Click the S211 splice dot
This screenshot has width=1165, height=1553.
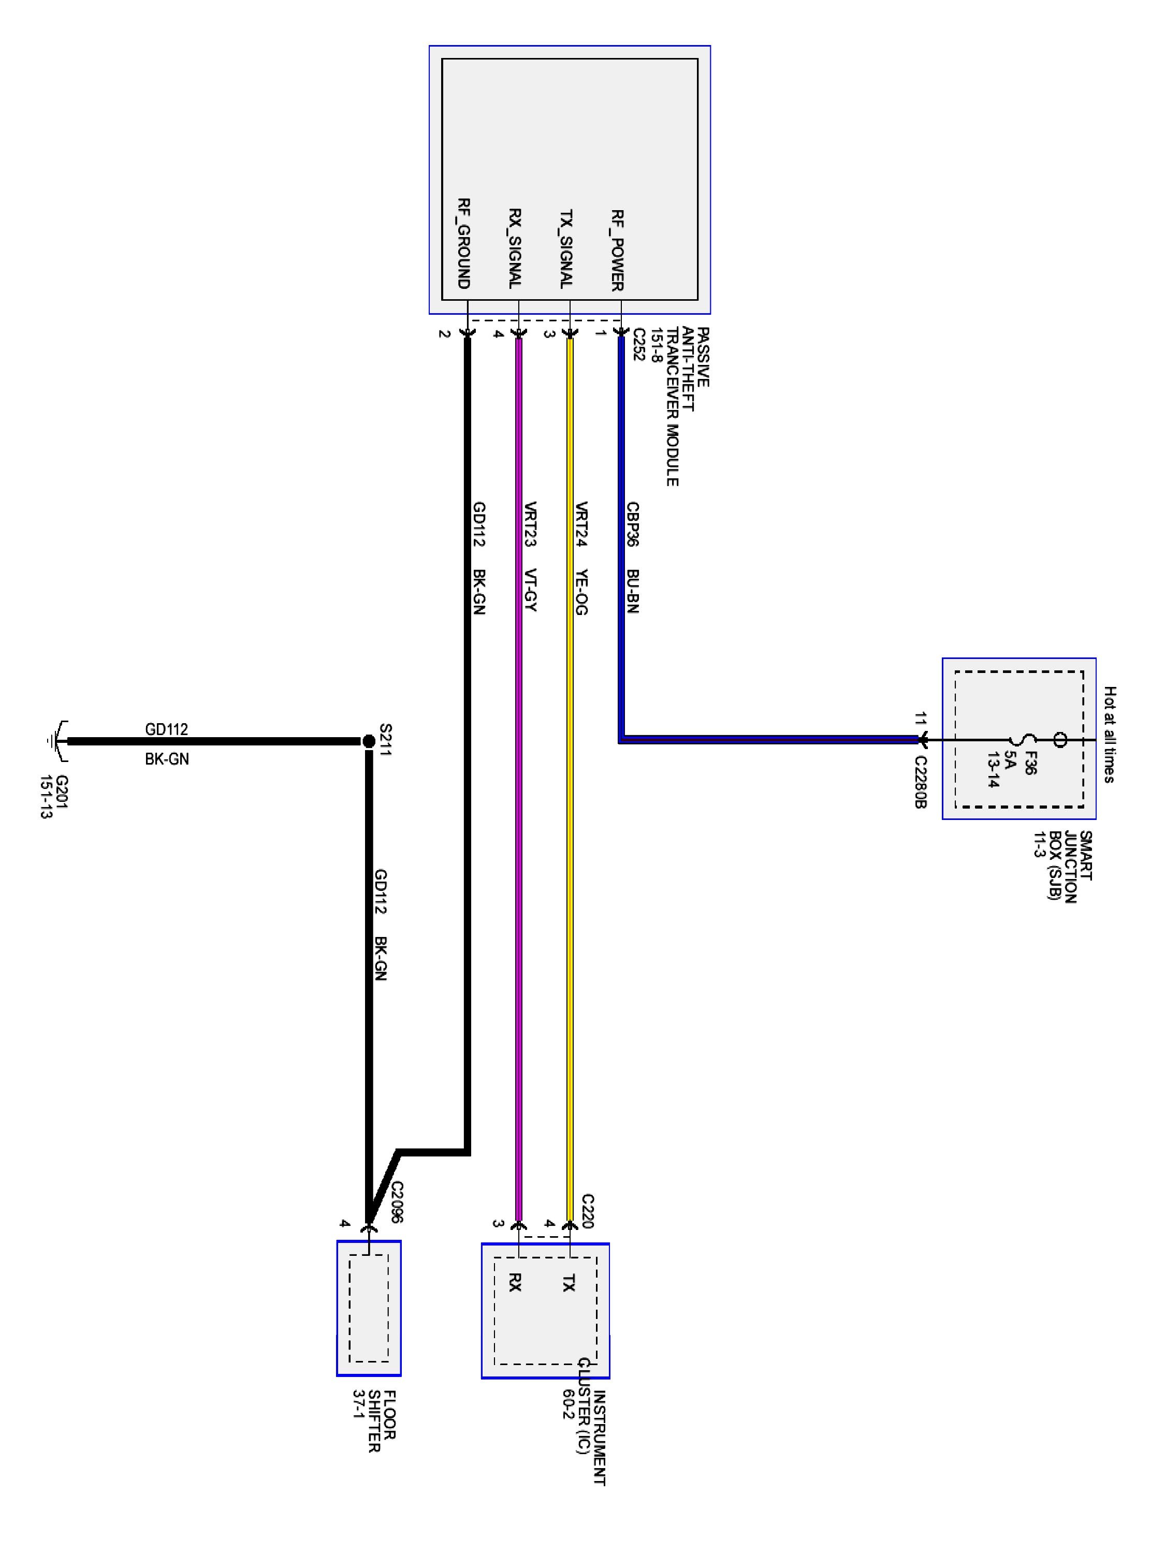click(368, 741)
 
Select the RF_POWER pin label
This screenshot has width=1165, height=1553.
click(617, 250)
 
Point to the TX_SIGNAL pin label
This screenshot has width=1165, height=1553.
click(566, 249)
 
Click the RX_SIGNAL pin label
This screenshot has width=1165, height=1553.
click(515, 248)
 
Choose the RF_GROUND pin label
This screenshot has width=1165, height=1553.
click(463, 244)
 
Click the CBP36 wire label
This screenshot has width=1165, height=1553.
click(632, 524)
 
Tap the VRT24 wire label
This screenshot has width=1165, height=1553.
click(581, 524)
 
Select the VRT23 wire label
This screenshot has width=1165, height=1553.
click(530, 524)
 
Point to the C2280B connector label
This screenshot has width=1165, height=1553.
click(920, 781)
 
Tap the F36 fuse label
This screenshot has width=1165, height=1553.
click(1029, 763)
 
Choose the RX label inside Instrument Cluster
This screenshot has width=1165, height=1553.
click(515, 1283)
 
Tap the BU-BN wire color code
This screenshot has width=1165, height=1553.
click(632, 591)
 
